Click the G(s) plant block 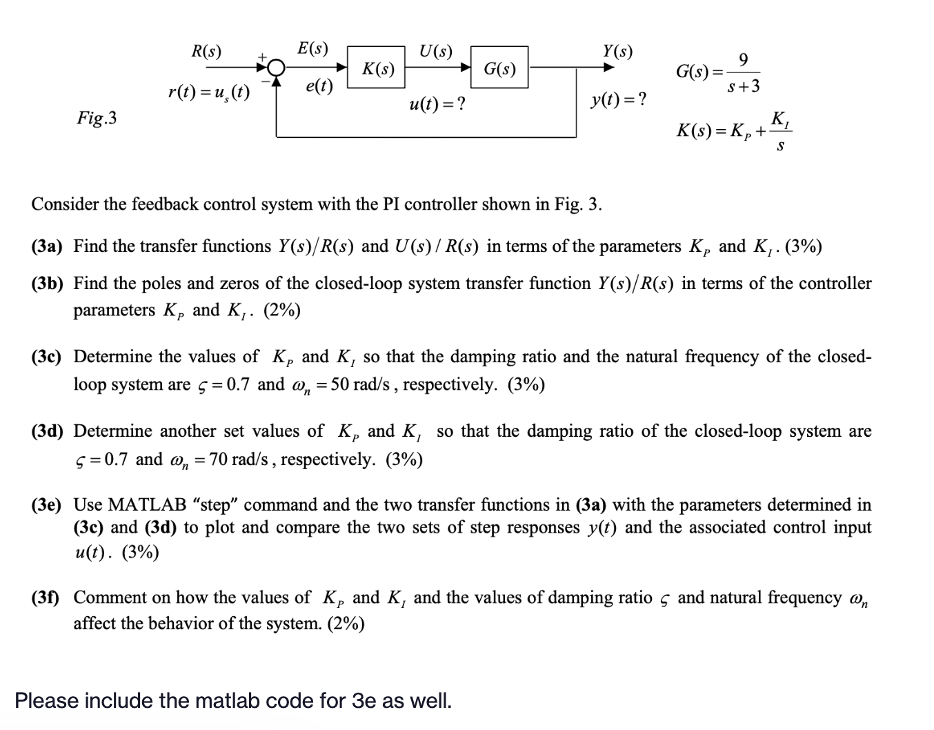point(499,68)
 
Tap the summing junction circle point(276,67)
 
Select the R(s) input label point(206,52)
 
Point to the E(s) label point(312,49)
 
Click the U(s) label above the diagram point(436,51)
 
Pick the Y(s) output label point(617,51)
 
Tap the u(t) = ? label point(437,104)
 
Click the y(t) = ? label point(619,100)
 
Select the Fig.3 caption point(97,119)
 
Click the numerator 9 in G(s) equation point(742,59)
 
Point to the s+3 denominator point(744,87)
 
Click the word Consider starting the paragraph point(66,204)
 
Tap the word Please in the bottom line point(46,701)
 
